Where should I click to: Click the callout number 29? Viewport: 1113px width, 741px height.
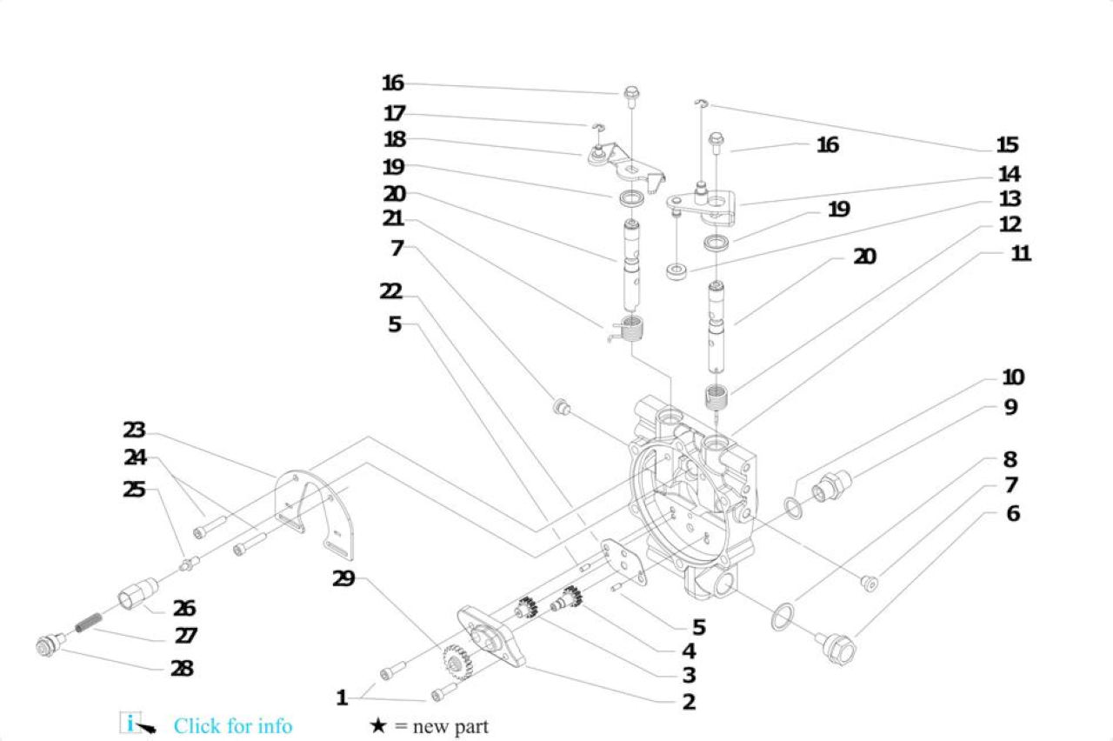(343, 578)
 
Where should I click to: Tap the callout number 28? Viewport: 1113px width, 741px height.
(182, 669)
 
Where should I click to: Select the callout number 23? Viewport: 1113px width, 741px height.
(134, 430)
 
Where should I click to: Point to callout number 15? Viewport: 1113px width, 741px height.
(1008, 144)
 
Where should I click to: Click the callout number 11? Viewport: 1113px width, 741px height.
(1021, 253)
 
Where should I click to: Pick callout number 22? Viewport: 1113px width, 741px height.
(391, 291)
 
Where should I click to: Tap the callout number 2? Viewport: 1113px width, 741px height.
(689, 702)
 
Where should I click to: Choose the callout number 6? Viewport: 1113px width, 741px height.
(1013, 513)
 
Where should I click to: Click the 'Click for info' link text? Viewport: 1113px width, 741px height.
(232, 726)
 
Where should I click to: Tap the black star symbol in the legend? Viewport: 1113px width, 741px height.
(378, 725)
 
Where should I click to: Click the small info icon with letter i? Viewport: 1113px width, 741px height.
(130, 723)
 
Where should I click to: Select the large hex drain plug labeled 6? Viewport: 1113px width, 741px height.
(839, 649)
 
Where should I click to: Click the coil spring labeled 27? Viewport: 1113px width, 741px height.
(89, 623)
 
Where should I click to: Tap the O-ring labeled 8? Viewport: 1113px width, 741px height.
(783, 617)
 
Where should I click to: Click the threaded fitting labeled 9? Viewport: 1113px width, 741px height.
(831, 486)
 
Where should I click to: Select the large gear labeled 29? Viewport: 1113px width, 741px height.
(457, 663)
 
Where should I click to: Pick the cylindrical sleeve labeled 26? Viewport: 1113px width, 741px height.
(138, 593)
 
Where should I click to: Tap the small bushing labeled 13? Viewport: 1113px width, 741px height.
(676, 272)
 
